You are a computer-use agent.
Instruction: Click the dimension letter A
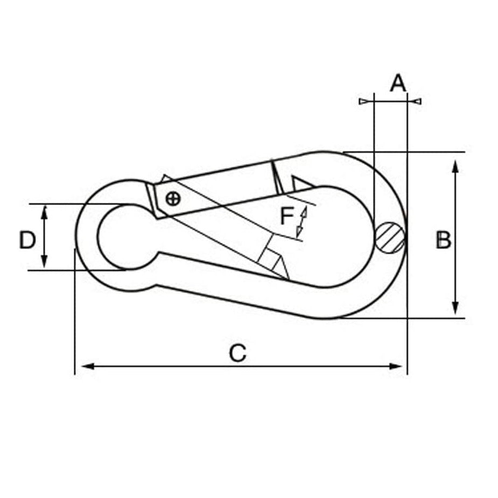398,83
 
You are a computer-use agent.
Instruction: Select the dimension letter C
237,353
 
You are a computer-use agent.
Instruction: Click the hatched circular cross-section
390,237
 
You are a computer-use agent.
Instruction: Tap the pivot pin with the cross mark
173,199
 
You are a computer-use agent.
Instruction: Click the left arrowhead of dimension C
88,366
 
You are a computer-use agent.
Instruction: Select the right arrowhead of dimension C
395,366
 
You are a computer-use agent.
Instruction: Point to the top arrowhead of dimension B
455,167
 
